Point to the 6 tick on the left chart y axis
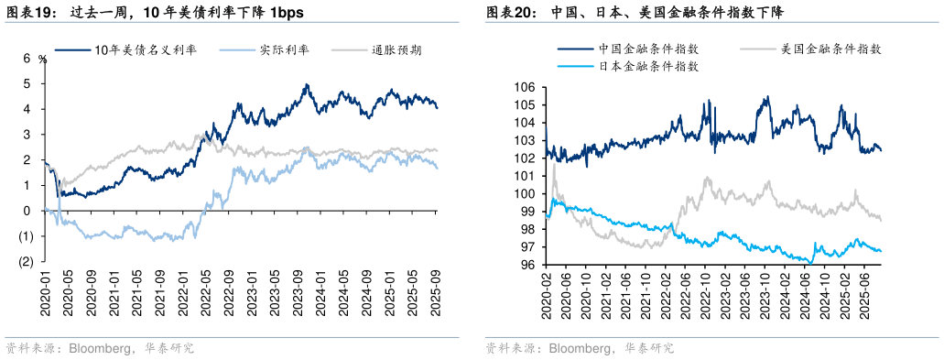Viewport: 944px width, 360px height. coord(27,58)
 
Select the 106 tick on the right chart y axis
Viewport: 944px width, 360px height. coord(524,87)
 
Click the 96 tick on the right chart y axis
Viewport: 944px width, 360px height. coord(526,265)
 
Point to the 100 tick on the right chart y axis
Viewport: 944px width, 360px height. coord(524,194)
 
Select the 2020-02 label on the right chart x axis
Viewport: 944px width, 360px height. coord(546,294)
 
